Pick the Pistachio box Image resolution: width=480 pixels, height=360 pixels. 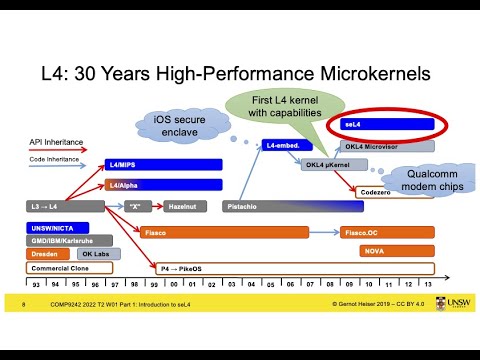pos(300,206)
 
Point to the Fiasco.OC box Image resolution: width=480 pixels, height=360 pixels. pos(385,232)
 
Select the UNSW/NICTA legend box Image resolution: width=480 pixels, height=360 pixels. pos(57,227)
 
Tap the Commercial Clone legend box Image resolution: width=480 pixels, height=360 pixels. pos(64,267)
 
